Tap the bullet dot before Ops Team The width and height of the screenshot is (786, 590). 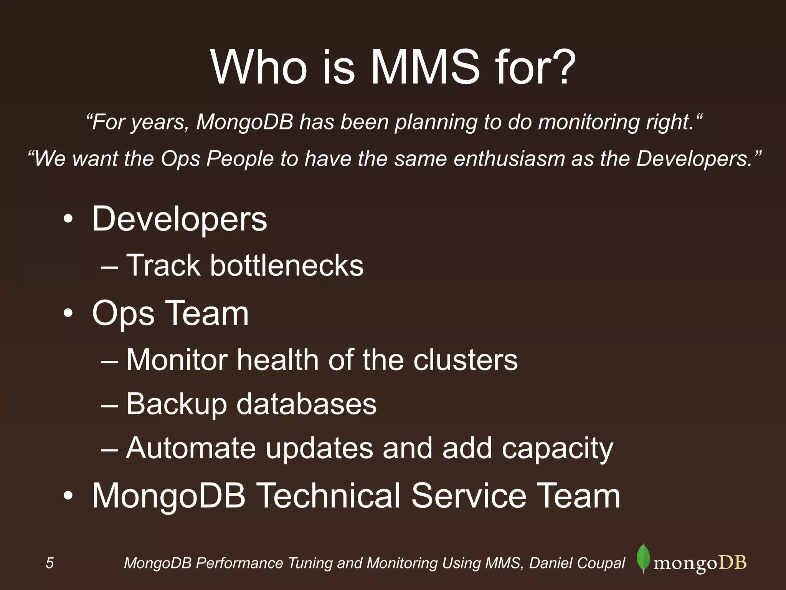click(x=68, y=315)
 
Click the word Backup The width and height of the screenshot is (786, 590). click(x=176, y=404)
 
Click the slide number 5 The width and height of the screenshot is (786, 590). click(x=50, y=563)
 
